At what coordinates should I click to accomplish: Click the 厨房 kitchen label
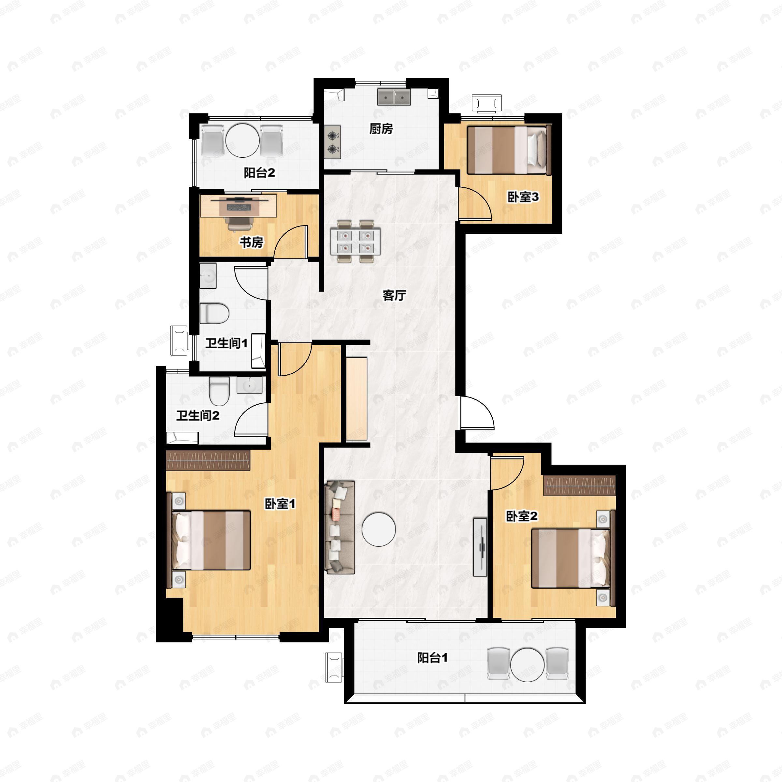[x=381, y=129]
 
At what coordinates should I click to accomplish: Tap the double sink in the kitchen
[x=394, y=97]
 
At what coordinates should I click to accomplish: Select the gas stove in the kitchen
[x=332, y=142]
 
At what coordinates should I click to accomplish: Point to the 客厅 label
[x=394, y=296]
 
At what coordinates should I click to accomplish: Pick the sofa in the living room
[x=340, y=527]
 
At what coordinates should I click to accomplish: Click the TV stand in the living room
[x=480, y=547]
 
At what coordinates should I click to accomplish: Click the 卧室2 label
[x=522, y=516]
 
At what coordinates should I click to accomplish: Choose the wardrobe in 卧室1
[x=208, y=460]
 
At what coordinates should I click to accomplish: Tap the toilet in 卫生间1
[x=214, y=313]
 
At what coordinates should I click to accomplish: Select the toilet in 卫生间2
[x=219, y=391]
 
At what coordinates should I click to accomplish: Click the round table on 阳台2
[x=242, y=141]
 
